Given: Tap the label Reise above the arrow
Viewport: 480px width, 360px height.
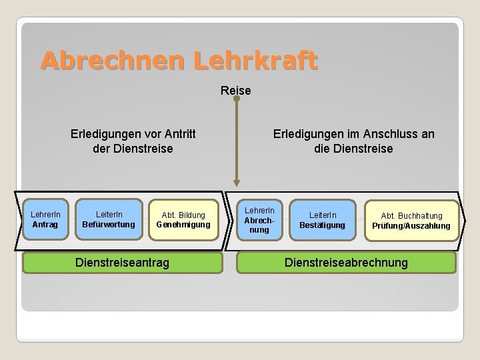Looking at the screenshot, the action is tap(236, 90).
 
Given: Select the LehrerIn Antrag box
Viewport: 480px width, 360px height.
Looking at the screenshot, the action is tap(45, 219).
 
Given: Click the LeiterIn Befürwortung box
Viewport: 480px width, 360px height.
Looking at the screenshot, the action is tap(108, 219).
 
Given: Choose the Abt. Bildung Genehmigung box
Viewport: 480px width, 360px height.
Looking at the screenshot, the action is tap(183, 219).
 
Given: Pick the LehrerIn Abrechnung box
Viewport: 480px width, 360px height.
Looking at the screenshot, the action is tap(259, 219).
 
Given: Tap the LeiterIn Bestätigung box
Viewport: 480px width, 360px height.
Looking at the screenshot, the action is tap(322, 220).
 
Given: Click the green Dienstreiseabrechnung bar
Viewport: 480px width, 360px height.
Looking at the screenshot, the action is tap(346, 263).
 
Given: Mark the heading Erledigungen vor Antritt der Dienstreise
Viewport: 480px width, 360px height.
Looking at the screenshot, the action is tap(133, 141).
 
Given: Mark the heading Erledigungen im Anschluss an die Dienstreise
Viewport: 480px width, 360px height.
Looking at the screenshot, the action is tap(353, 141).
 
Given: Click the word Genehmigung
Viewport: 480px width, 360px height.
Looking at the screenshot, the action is tap(183, 225).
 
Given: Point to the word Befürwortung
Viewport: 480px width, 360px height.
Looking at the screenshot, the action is tap(108, 225).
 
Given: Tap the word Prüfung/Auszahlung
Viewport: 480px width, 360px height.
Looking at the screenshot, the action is tap(411, 226).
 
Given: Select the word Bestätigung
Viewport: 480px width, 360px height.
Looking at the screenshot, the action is tap(322, 225).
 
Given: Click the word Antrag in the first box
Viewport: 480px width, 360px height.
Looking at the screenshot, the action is tap(45, 225).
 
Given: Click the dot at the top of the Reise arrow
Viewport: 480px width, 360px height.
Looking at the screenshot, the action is tap(236, 99).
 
